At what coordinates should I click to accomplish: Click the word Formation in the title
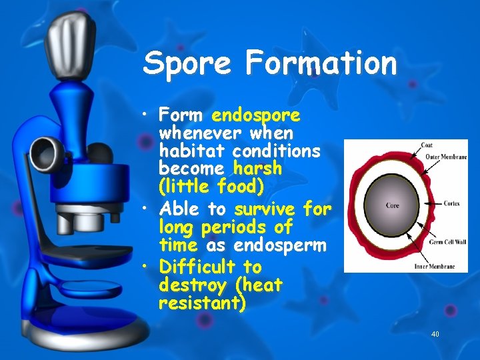pos(321,64)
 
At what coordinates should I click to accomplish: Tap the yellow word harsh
pos(257,169)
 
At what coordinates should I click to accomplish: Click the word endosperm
pos(279,245)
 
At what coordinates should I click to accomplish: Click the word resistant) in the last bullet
pos(202,304)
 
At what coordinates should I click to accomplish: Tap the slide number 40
pos(435,334)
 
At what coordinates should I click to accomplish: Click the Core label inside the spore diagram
pos(393,205)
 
